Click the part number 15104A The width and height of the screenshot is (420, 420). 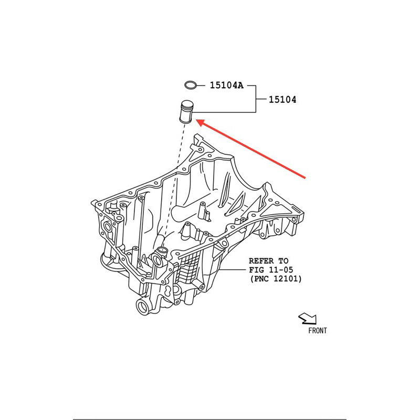(x=227, y=85)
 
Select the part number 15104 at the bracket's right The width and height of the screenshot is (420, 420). (x=282, y=99)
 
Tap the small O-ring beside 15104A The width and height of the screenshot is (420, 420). (x=191, y=85)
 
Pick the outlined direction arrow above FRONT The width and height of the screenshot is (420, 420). (x=307, y=318)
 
